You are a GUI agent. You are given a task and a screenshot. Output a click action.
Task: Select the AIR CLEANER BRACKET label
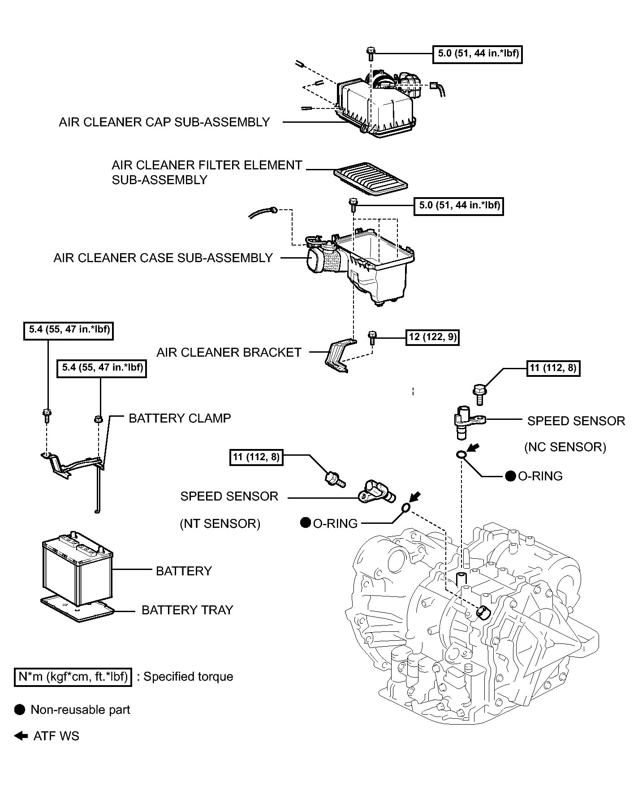[229, 353]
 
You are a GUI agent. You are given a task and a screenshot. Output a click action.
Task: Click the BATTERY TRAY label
[187, 610]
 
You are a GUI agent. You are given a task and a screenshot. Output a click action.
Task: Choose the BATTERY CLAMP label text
[180, 419]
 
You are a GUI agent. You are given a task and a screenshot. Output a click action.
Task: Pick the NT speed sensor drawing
[377, 492]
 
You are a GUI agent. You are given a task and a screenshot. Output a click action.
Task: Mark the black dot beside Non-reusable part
[20, 710]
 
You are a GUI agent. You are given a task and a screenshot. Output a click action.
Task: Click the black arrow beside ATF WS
[21, 736]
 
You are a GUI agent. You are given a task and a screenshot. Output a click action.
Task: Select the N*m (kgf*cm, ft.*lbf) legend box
[73, 677]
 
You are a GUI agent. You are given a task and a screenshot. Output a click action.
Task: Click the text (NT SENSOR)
[220, 524]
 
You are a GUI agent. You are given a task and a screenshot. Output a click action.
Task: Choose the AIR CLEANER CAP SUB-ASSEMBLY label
[164, 122]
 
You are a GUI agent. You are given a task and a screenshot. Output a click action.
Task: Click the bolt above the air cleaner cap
[370, 54]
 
